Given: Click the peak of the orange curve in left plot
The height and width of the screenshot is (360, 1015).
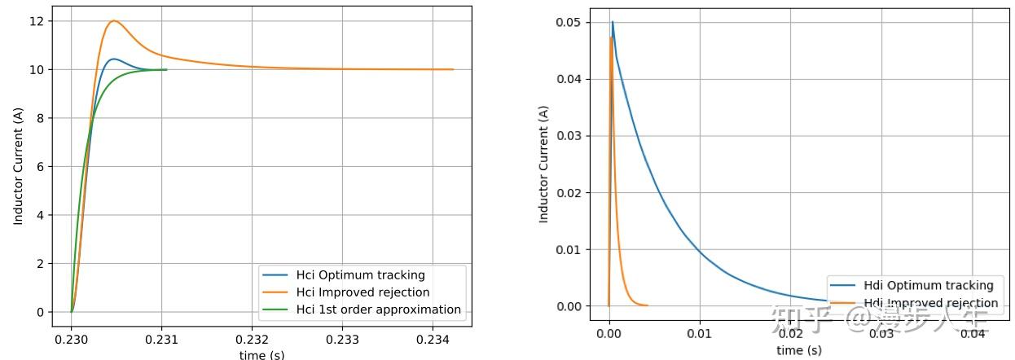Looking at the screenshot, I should tap(113, 21).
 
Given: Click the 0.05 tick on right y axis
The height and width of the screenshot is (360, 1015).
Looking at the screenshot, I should tap(569, 22).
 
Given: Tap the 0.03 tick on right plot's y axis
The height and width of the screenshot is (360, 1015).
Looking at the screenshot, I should tap(569, 136).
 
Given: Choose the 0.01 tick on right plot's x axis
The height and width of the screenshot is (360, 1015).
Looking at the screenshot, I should tap(699, 334).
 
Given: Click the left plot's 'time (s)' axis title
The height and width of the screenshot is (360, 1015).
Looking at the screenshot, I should tap(261, 354).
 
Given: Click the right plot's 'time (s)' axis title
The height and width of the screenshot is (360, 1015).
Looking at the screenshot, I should tap(799, 350).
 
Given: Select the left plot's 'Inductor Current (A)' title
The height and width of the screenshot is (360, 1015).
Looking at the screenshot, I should tap(18, 166).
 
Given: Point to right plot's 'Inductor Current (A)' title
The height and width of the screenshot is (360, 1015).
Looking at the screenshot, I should tap(543, 164).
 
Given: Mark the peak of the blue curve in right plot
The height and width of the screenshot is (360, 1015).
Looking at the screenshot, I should tap(613, 22).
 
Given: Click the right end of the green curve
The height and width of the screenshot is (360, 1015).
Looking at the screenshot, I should tap(166, 69).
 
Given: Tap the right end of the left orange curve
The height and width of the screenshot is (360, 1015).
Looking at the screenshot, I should tap(453, 69).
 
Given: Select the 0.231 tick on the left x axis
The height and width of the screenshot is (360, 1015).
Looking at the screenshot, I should tap(161, 338).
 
